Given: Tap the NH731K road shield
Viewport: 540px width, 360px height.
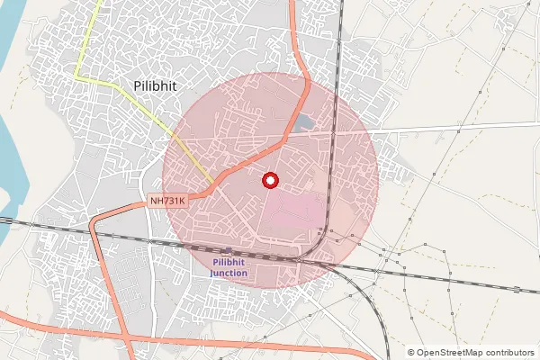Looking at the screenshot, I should tap(167, 202).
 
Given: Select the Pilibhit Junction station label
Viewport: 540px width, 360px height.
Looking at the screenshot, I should tap(229, 267).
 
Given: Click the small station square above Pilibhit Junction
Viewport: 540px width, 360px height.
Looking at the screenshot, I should tap(229, 250).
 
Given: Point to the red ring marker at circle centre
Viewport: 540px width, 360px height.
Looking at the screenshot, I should tap(270, 180).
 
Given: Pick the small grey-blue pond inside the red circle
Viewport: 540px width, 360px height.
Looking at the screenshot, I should tap(304, 121).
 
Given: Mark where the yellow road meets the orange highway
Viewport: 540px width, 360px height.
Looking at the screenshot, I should tap(213, 185).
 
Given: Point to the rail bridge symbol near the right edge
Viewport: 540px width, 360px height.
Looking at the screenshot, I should tap(517, 289).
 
